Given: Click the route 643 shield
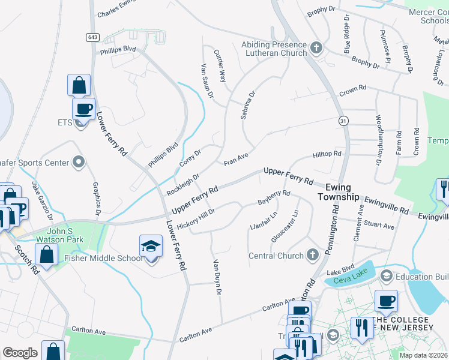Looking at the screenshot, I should (92, 37).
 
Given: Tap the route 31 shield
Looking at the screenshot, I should (342, 121).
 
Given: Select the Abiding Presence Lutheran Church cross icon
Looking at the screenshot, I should (316, 47).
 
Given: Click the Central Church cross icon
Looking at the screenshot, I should (312, 256).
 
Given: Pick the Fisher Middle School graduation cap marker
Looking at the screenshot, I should (151, 246).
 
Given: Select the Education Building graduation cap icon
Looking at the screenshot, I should (386, 276).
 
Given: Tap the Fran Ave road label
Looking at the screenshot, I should (236, 160).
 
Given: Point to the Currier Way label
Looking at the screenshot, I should (221, 67).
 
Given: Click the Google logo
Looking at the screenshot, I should (20, 353).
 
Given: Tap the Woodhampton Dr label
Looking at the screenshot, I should (379, 140).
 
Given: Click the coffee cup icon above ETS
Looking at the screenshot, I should (83, 109).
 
